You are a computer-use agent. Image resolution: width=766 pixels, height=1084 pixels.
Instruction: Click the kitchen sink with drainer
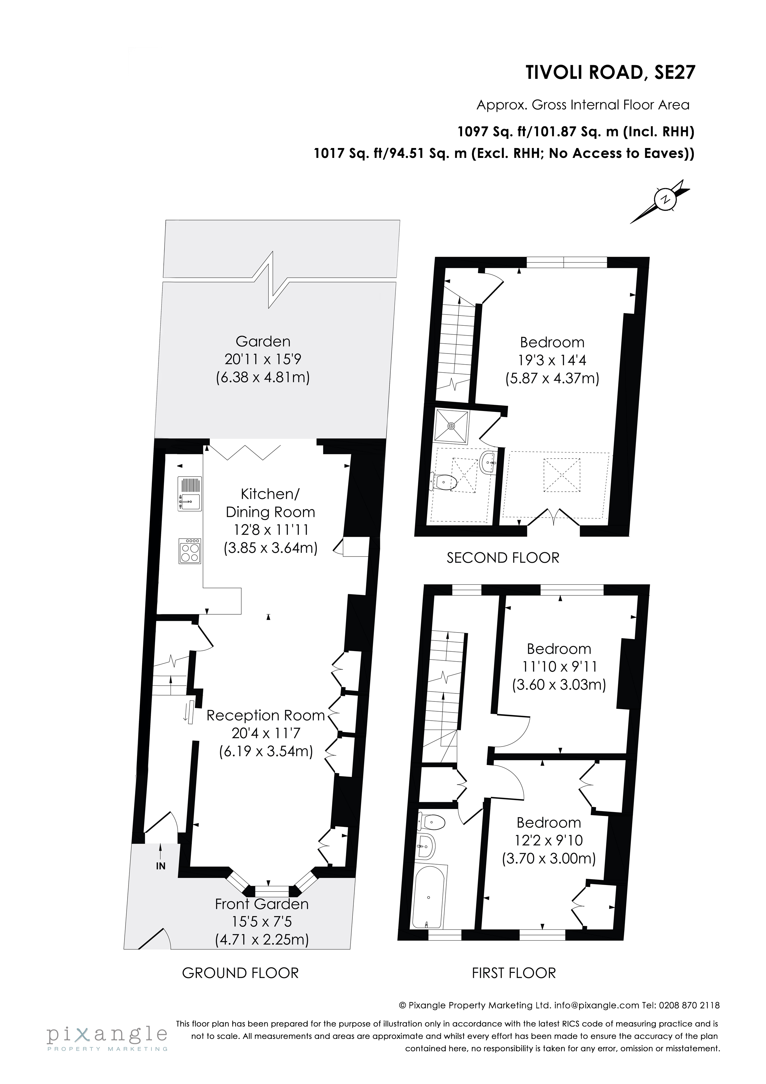pos(189,493)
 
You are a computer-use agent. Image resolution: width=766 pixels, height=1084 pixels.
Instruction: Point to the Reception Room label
pos(266,715)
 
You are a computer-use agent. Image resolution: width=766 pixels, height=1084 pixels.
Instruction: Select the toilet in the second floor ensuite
pos(444,482)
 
